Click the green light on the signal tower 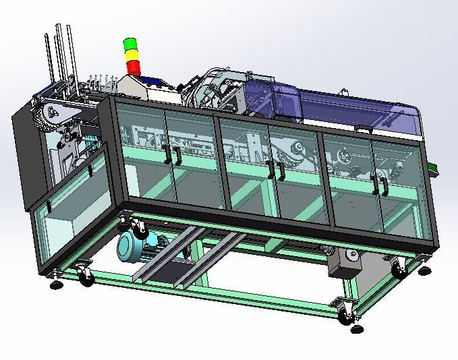(129, 44)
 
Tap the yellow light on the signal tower (130, 54)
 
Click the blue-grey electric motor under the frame (136, 247)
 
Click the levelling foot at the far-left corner (56, 284)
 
